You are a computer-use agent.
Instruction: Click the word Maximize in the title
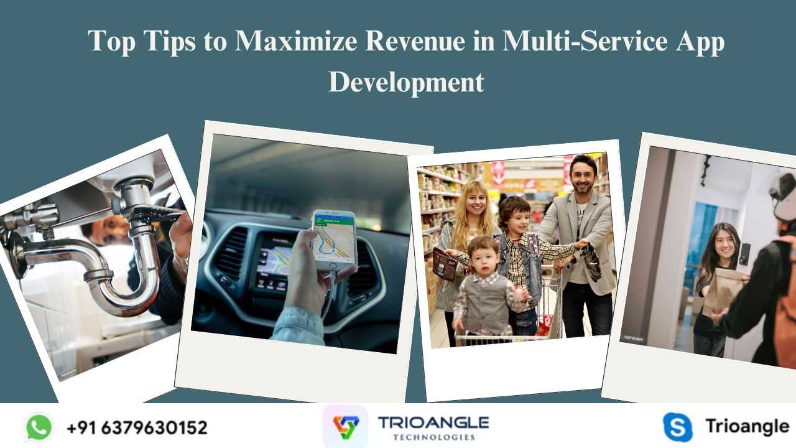click(296, 41)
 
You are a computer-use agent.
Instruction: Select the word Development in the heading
click(406, 83)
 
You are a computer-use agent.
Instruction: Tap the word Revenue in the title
click(415, 41)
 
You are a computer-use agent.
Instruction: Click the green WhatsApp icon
click(39, 427)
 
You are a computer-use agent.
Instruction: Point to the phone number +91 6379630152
click(137, 427)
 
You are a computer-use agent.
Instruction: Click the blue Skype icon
click(678, 427)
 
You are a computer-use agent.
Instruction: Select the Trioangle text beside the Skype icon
click(747, 427)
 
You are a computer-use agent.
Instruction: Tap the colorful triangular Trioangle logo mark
click(346, 427)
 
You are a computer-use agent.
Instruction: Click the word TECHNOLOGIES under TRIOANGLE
click(434, 437)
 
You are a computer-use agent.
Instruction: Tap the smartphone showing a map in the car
click(334, 240)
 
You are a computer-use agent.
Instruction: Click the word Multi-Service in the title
click(585, 41)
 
